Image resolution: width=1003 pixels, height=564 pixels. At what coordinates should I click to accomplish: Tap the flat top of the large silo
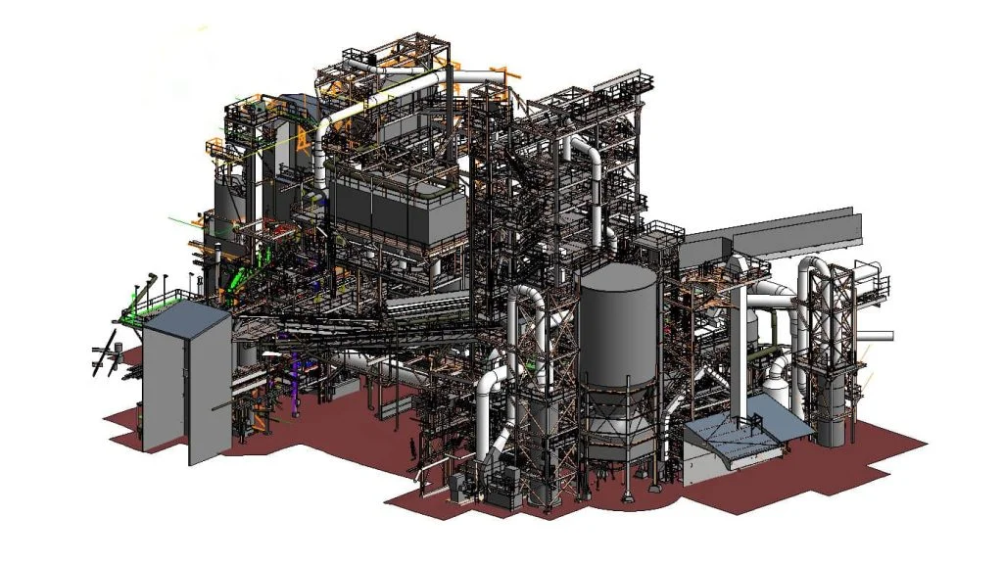click(x=618, y=277)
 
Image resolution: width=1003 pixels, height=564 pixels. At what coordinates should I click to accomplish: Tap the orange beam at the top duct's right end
click(x=505, y=74)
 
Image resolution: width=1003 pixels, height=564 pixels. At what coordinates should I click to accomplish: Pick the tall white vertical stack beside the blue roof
click(x=741, y=343)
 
